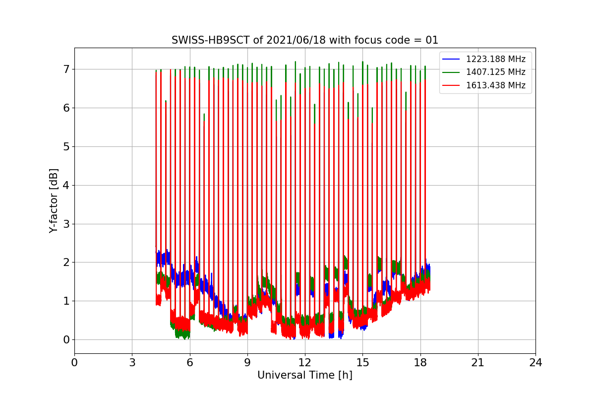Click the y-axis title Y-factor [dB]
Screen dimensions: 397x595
54,200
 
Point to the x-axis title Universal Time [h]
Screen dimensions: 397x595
304,376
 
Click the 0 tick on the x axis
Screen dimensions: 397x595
74,363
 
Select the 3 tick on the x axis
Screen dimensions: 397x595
132,363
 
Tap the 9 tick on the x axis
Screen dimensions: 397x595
247,363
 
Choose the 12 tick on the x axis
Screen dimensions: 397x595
305,363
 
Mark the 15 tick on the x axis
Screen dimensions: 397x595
362,363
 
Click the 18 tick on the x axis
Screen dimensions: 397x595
420,363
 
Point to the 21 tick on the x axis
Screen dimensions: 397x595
478,363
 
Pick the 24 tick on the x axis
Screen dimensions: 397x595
535,363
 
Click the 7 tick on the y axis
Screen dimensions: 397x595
66,69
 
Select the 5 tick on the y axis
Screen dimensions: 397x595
66,146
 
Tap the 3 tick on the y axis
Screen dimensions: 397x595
66,224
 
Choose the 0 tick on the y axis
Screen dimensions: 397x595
66,340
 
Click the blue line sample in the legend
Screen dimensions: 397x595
451,59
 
